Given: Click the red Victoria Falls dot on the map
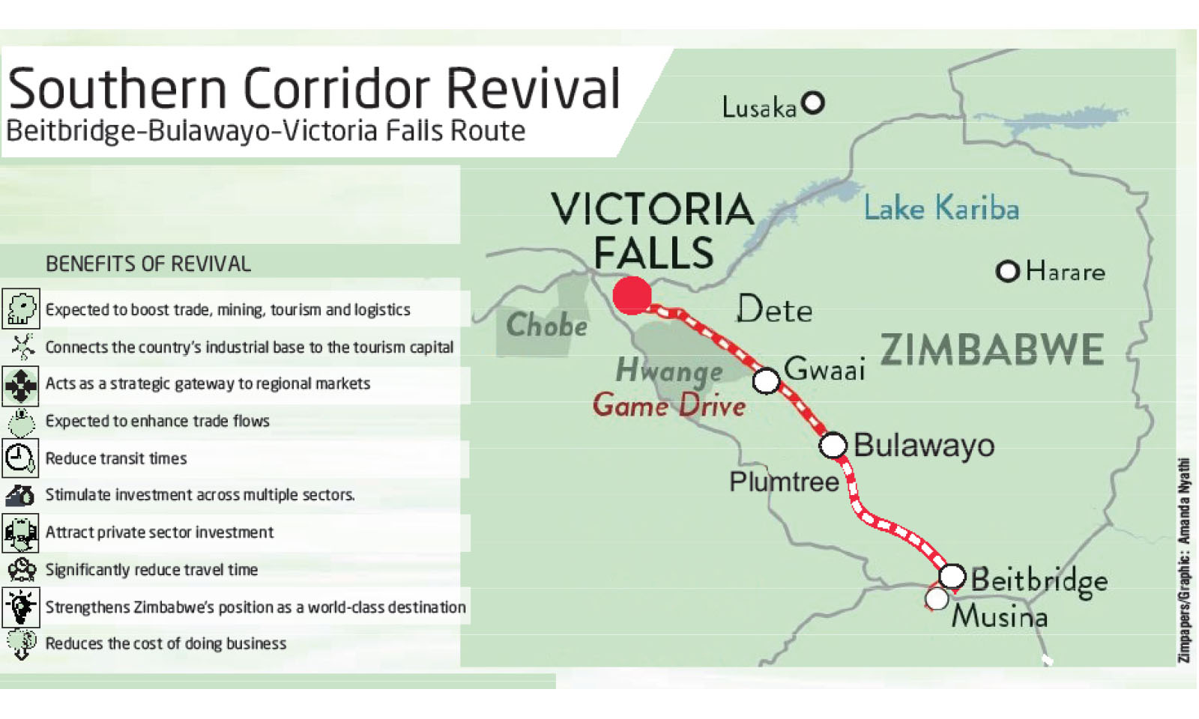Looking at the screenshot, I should pyautogui.click(x=632, y=295).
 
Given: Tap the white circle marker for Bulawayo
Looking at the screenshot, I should pyautogui.click(x=833, y=445).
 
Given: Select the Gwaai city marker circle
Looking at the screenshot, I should pyautogui.click(x=766, y=380).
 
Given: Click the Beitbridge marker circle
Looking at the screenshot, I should pyautogui.click(x=952, y=576).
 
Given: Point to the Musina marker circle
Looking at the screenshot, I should pyautogui.click(x=936, y=598).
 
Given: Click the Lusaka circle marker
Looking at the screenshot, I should pyautogui.click(x=812, y=103).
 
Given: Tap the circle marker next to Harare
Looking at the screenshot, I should pyautogui.click(x=1007, y=271).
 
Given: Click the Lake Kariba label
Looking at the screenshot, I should pyautogui.click(x=940, y=208).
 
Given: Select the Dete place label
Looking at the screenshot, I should pyautogui.click(x=774, y=309).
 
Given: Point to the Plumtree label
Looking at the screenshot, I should pyautogui.click(x=784, y=482).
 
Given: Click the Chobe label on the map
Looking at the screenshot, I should pyautogui.click(x=546, y=325).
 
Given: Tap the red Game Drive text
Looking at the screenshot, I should pyautogui.click(x=669, y=406).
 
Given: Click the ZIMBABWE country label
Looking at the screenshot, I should pyautogui.click(x=991, y=350).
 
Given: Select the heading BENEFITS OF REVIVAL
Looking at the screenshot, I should pyautogui.click(x=148, y=264).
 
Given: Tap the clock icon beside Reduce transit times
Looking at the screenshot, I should pyautogui.click(x=20, y=458).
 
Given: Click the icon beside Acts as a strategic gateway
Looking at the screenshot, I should pyautogui.click(x=20, y=385).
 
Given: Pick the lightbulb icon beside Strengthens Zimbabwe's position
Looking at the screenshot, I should pyautogui.click(x=20, y=607).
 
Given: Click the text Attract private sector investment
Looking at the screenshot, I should pyautogui.click(x=160, y=533).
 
